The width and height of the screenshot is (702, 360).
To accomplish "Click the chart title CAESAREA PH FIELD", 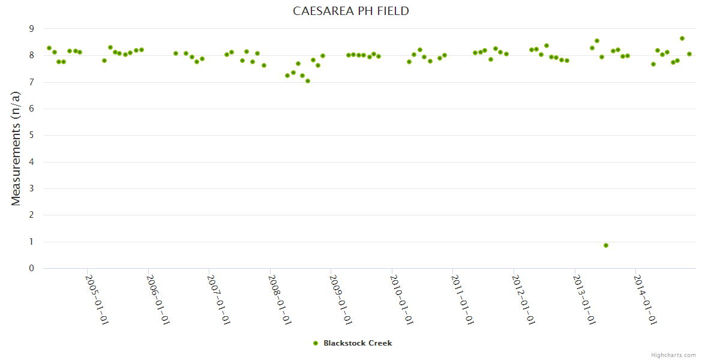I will point(351,11).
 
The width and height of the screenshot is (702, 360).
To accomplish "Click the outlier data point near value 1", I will point(606,245).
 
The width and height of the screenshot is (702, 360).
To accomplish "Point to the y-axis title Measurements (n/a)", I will point(16,149).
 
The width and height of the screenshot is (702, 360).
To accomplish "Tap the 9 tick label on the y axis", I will point(32,29).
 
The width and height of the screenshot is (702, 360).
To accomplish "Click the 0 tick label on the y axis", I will point(32,268).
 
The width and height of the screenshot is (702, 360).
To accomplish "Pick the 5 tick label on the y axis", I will point(32,135).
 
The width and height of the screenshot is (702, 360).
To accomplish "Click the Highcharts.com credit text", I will point(673,355).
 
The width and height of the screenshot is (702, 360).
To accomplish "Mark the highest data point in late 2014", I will point(682,38).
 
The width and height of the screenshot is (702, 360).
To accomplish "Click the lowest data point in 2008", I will point(308,81).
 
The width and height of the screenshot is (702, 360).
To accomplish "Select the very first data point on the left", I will point(49,48).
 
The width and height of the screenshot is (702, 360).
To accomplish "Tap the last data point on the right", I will point(689,54).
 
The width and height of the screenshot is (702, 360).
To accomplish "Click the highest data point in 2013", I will point(597,41).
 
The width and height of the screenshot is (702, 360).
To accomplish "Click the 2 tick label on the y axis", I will point(32,215).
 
